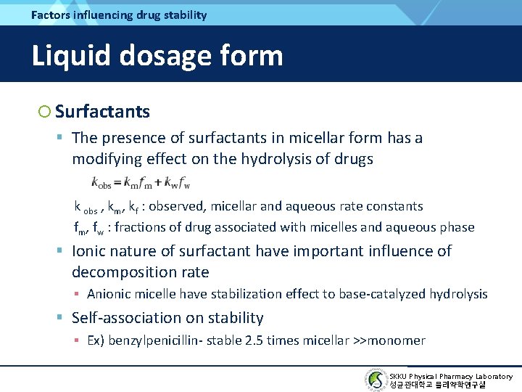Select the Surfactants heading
pyautogui.click(x=102, y=111)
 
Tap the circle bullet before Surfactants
pyautogui.click(x=45, y=111)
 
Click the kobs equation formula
pyautogui.click(x=141, y=181)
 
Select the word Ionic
pyautogui.click(x=90, y=251)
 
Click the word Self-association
pyautogui.click(x=126, y=318)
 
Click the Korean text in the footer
pyautogui.click(x=438, y=385)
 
